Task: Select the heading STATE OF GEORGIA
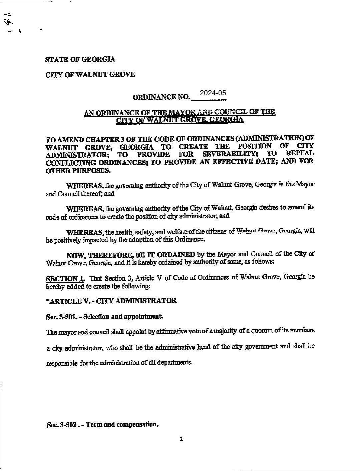[x=80, y=59]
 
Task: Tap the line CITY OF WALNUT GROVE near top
[x=90, y=74]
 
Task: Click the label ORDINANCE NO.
[x=161, y=97]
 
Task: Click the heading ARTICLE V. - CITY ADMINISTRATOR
[x=111, y=301]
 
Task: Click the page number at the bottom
[x=181, y=439]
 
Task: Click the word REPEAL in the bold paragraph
[x=300, y=154]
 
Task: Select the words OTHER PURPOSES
[x=77, y=171]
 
